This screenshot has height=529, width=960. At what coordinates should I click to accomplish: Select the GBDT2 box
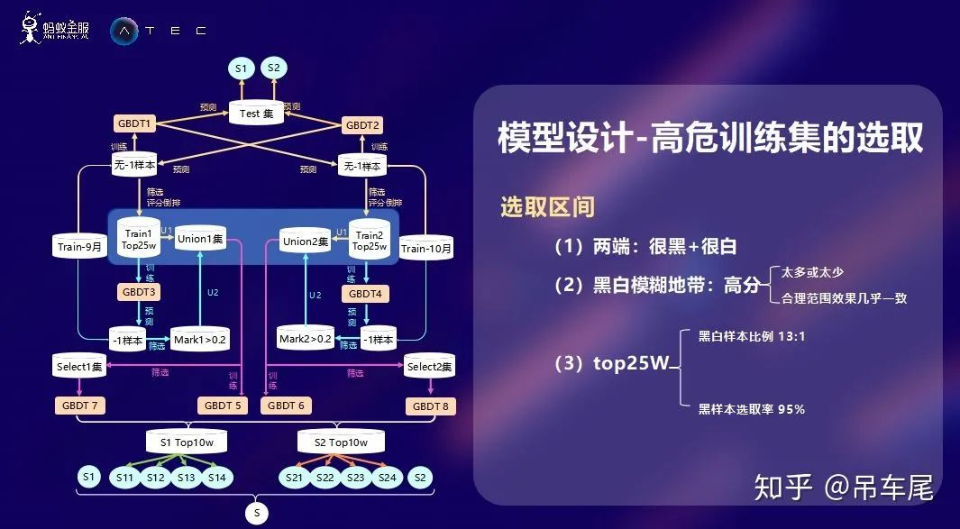(363, 124)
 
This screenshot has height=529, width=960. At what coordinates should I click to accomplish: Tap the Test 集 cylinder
(256, 114)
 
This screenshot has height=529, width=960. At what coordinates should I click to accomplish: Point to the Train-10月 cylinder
(425, 248)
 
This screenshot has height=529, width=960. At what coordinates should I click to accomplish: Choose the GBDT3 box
(138, 292)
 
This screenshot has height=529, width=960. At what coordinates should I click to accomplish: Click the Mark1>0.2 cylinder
(200, 339)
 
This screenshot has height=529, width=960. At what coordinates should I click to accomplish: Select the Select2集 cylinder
(429, 367)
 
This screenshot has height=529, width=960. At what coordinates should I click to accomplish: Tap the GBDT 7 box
(79, 406)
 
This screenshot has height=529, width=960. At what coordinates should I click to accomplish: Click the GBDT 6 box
(287, 406)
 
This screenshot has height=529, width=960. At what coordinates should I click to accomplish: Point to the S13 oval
(186, 478)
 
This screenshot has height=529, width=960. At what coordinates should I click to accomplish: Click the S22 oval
(325, 478)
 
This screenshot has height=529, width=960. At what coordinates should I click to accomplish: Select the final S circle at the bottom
(256, 514)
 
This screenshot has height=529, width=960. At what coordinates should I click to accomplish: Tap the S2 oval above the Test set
(274, 68)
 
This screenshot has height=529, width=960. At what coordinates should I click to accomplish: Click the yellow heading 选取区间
(547, 206)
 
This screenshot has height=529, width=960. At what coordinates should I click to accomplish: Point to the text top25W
(631, 364)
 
